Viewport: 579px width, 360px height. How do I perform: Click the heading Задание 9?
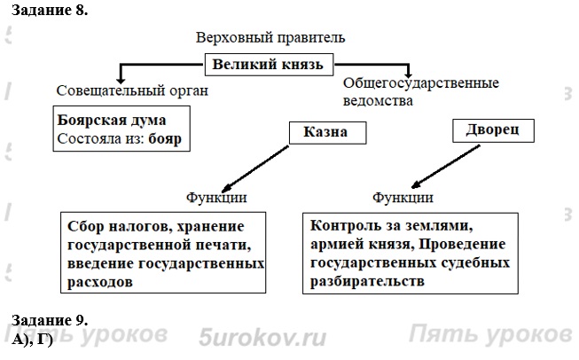(50, 320)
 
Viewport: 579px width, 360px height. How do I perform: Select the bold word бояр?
(170, 139)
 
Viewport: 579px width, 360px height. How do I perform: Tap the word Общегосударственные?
(420, 83)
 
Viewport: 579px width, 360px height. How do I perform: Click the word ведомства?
(379, 101)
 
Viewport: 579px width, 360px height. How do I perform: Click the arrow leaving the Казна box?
(266, 165)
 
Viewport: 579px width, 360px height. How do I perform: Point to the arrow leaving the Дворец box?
(439, 167)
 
